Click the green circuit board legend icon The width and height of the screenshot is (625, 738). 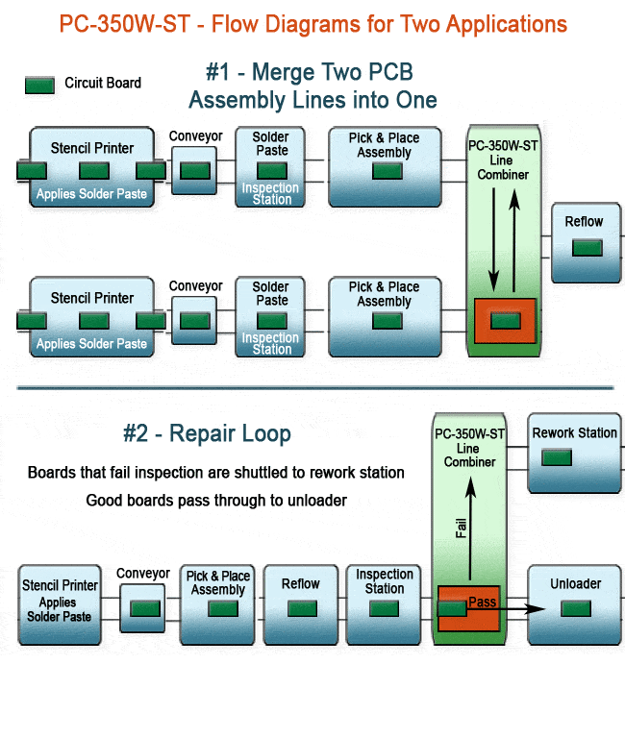[39, 85]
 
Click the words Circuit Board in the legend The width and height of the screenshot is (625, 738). [103, 84]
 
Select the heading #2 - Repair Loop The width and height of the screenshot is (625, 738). [207, 433]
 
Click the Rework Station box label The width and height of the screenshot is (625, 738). [574, 433]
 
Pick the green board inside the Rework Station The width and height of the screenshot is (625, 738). [556, 457]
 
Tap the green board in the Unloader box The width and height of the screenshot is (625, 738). [576, 607]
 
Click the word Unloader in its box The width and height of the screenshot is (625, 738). [575, 584]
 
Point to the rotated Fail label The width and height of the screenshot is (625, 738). [462, 527]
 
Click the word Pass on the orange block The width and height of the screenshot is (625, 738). [482, 603]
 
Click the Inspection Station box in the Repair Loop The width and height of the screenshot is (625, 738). [384, 603]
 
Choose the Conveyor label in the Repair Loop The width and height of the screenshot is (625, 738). [143, 574]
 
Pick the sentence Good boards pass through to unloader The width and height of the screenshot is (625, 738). [216, 501]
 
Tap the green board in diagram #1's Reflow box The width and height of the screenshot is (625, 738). [587, 247]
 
